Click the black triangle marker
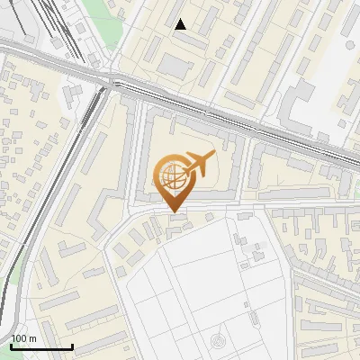pos(181,25)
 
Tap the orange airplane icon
pos(198,166)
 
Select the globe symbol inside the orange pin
pos(172,175)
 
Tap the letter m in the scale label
pos(33,338)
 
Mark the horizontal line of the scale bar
pos(41,347)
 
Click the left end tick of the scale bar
pos(11,345)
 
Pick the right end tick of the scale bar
pos(72,345)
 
